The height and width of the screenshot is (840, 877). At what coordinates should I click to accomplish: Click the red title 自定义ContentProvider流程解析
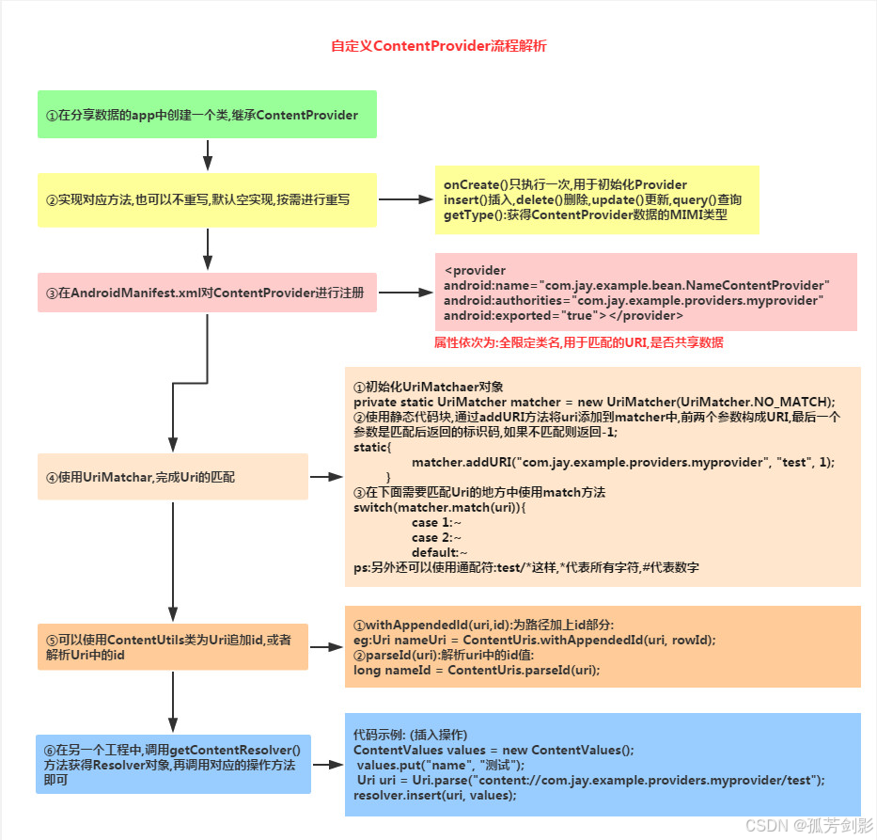pos(438,46)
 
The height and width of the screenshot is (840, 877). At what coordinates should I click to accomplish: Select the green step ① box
pos(207,115)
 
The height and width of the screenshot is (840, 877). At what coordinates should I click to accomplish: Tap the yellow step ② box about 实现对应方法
pos(207,199)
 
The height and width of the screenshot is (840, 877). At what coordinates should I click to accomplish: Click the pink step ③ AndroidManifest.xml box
pos(207,293)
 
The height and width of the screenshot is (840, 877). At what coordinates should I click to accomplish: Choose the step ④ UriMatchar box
pos(172,477)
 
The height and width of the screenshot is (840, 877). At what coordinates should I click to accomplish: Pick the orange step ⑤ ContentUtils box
pos(172,646)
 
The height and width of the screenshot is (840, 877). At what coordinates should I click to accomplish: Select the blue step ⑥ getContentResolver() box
pos(172,764)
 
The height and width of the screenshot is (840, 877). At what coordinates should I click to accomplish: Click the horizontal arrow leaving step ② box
pos(404,199)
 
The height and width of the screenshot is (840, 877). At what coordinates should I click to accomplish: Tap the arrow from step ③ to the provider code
pos(404,293)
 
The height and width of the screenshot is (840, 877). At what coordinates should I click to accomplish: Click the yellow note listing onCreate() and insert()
pos(596,200)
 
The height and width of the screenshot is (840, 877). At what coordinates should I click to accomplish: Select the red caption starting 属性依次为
pos(578,343)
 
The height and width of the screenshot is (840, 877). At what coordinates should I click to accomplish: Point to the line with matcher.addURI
pos(622,463)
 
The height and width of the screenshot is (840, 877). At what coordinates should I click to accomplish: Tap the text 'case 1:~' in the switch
pos(436,522)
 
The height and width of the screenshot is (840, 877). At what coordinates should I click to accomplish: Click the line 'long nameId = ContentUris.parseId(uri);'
pos(476,670)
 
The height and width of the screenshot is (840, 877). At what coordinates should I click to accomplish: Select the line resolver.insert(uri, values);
pos(434,795)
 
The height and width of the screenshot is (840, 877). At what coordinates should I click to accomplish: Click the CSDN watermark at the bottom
pos(807,824)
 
